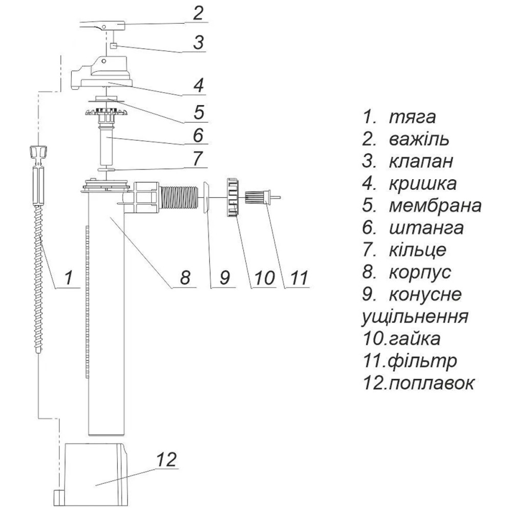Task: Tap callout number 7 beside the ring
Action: tap(197, 158)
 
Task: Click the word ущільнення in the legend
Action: tap(415, 316)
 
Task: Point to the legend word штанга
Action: tap(426, 228)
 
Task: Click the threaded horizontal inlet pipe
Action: tap(179, 197)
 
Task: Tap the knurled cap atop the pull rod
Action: tap(39, 152)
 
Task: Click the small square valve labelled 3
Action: tap(114, 46)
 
